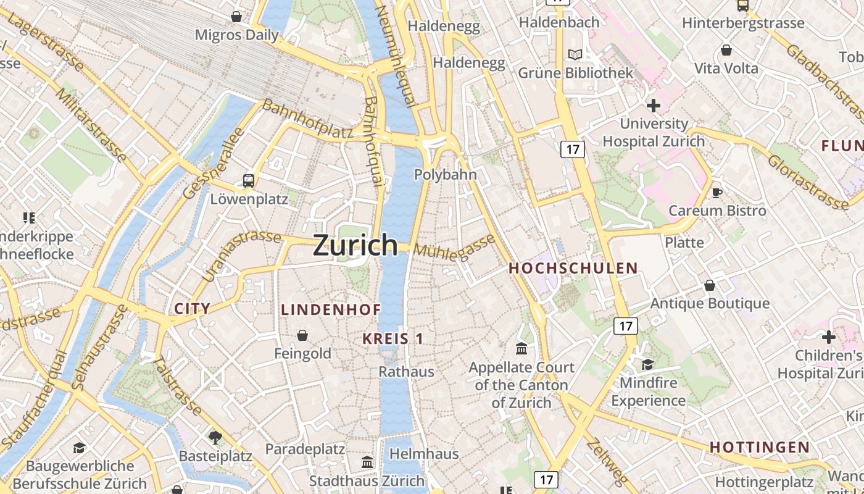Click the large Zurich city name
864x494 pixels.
click(355, 245)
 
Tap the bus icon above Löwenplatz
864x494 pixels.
click(248, 181)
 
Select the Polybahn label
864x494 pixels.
click(445, 175)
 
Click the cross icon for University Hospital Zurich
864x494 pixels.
click(654, 106)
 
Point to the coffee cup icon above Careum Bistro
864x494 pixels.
click(717, 193)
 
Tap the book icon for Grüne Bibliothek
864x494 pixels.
click(575, 55)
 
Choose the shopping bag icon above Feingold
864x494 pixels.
click(302, 335)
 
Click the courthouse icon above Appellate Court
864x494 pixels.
click(521, 349)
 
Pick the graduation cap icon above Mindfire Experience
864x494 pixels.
click(647, 364)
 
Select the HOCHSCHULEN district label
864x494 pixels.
click(573, 268)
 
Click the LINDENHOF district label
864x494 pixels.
click(331, 309)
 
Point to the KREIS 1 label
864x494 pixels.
click(393, 338)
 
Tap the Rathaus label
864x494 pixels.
click(406, 372)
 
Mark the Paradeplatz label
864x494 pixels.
click(305, 449)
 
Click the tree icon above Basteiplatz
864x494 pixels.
click(215, 438)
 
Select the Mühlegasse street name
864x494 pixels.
click(455, 248)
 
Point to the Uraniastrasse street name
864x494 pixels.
click(241, 253)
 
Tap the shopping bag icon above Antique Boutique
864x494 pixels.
click(710, 285)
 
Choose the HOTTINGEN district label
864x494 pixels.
click(759, 447)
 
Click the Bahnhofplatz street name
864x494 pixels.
click(307, 118)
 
